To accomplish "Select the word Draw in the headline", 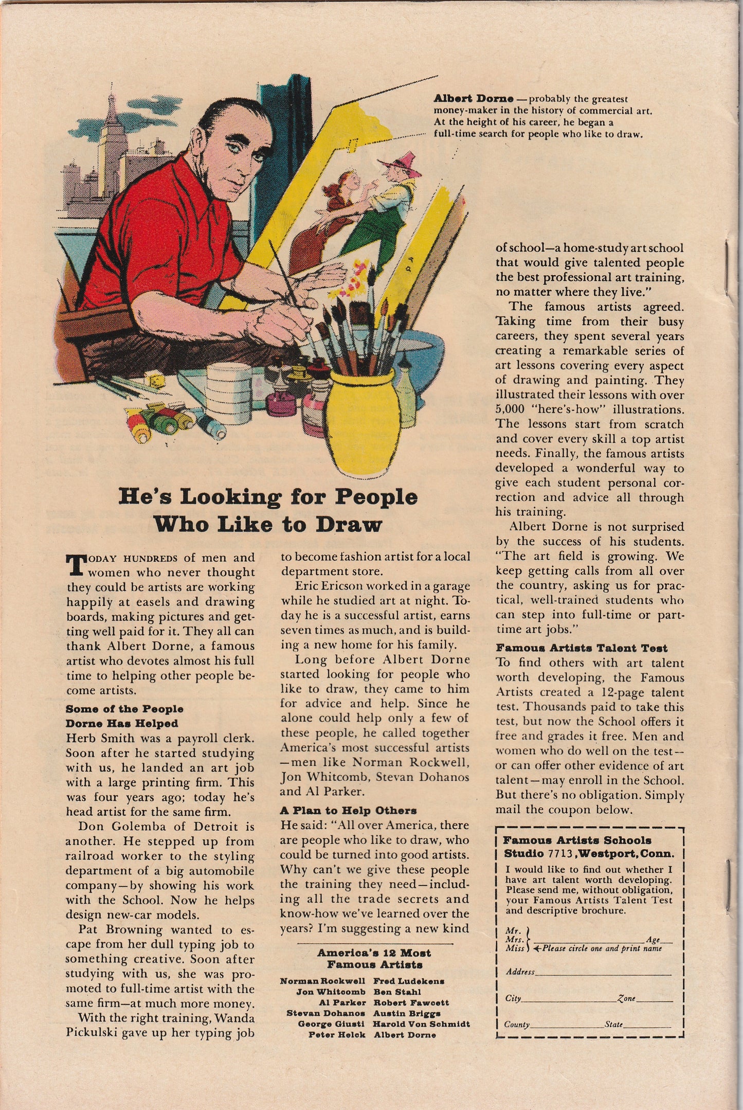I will click(349, 524).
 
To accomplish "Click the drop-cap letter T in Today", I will click(75, 564).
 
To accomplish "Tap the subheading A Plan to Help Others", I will click(348, 810).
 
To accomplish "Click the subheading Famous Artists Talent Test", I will click(581, 648).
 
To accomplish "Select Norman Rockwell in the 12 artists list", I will click(322, 981).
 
